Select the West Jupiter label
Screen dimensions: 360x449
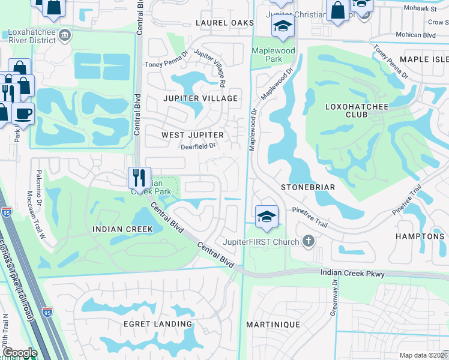[x=192, y=136]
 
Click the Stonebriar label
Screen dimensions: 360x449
[x=308, y=187]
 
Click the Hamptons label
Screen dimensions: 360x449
[x=420, y=236]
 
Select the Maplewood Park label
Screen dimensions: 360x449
[x=273, y=55]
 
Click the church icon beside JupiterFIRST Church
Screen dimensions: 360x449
[x=309, y=241]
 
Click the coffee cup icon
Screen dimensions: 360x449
[x=23, y=113]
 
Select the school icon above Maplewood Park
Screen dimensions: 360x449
[x=282, y=26]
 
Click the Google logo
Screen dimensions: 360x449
[x=19, y=353]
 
